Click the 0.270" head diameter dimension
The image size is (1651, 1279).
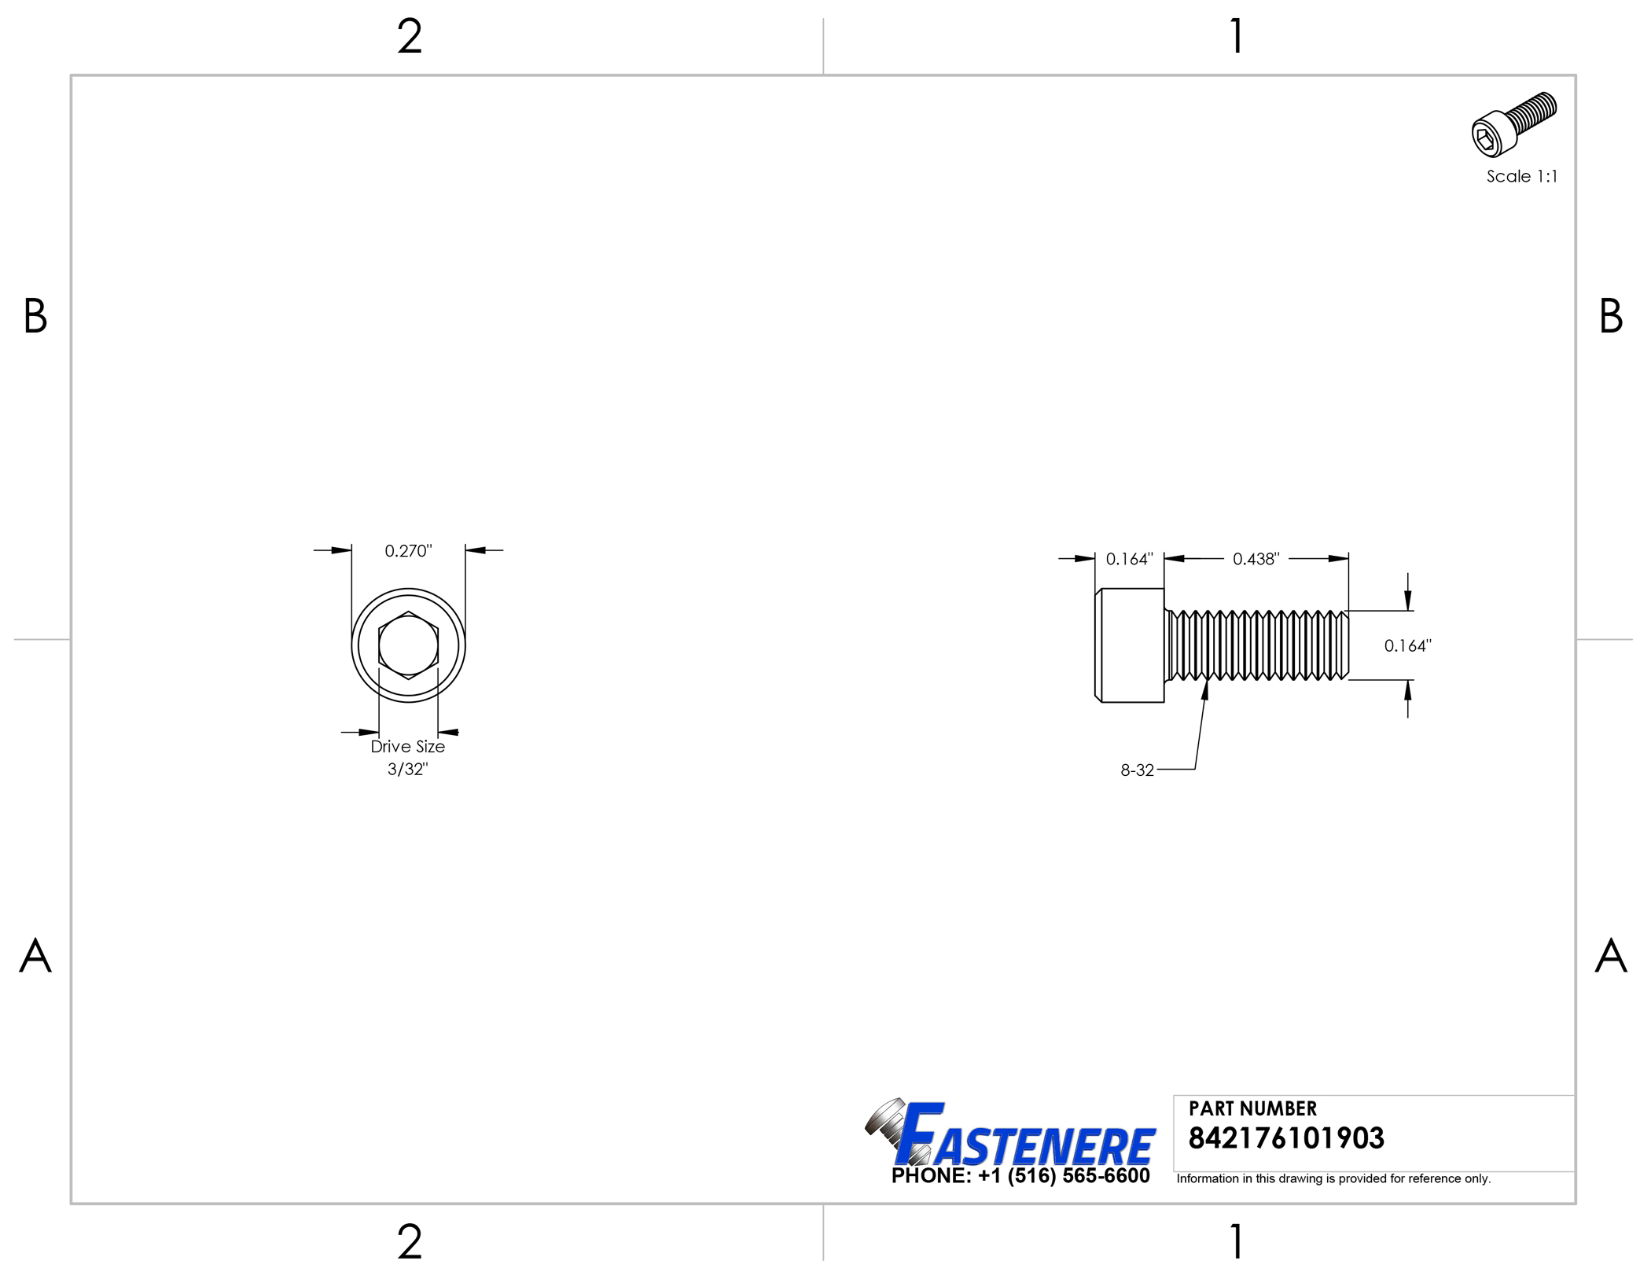click(408, 551)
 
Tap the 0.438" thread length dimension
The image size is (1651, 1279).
click(1256, 559)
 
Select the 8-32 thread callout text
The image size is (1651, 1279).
click(1137, 770)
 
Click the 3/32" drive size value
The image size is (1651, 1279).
click(407, 769)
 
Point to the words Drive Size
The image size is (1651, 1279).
click(407, 747)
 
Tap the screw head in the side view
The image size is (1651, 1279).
click(1130, 645)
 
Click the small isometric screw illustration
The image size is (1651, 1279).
click(1513, 124)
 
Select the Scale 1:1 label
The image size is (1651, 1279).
click(1521, 177)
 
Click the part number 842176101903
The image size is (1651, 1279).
click(1286, 1138)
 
